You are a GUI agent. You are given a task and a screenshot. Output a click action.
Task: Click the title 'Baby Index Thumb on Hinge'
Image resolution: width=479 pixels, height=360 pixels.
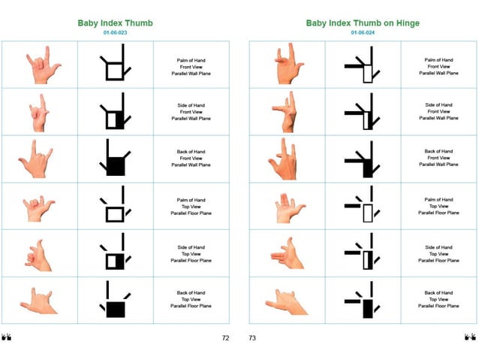[363, 23]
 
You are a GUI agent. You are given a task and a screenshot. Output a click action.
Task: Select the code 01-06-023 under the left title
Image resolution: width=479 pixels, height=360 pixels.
[115, 33]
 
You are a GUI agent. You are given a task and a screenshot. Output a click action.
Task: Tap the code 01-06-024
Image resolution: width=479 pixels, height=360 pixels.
[363, 33]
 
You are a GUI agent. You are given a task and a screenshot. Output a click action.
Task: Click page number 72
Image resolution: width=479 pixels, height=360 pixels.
[225, 338]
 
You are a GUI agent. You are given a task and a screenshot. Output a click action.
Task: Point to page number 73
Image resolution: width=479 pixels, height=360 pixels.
[252, 338]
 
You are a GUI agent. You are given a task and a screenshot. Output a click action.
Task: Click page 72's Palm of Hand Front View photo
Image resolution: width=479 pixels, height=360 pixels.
[41, 65]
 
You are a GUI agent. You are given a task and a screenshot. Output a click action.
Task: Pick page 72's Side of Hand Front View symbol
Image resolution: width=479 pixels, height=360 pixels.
[115, 113]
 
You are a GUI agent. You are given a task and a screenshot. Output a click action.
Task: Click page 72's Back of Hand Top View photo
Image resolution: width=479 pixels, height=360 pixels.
[39, 301]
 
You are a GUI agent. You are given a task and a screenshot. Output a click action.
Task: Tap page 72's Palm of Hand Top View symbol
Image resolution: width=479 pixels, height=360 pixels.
[115, 207]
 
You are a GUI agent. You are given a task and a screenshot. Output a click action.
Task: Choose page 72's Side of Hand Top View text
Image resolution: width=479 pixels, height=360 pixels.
[191, 254]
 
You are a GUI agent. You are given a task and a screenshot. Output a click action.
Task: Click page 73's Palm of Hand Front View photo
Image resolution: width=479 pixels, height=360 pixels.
[287, 65]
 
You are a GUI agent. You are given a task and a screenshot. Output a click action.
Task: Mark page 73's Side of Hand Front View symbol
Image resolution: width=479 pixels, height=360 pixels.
[363, 113]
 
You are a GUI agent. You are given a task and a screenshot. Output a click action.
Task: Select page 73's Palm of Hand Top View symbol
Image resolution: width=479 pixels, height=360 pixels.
[363, 207]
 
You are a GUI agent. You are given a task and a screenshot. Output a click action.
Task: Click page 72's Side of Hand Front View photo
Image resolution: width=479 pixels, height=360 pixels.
[39, 113]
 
